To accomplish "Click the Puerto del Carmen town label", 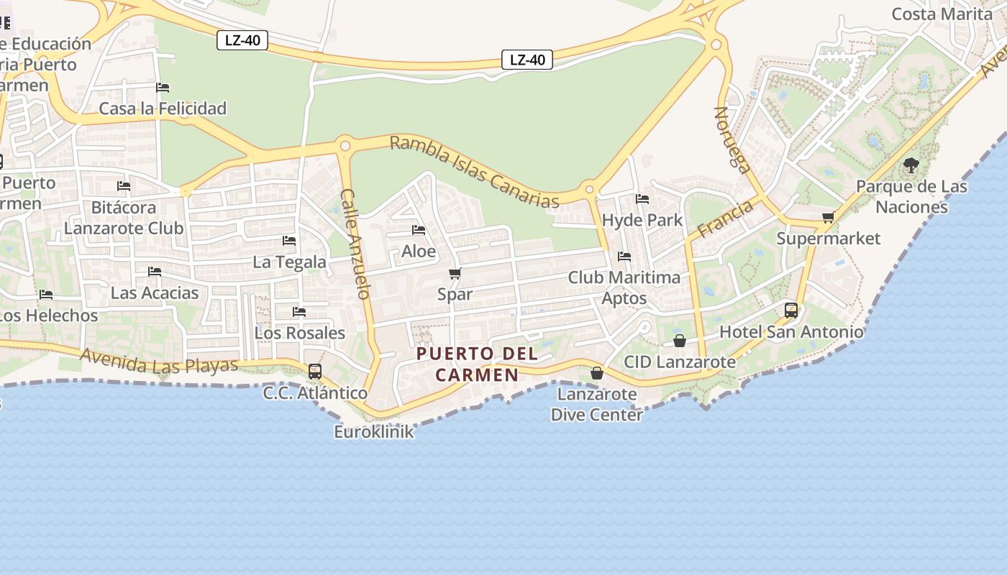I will pos(477,364).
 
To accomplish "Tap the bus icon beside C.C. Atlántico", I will pos(315,372).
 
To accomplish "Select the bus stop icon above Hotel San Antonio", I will pos(791,310).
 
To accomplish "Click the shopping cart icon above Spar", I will pos(455,273).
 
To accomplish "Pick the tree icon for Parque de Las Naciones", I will pos(911,165).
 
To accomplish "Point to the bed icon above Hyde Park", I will pos(642,199).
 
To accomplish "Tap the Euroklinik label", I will pos(374,431).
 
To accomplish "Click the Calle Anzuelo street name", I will pos(355,244).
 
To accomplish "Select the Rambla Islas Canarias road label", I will pos(474,172).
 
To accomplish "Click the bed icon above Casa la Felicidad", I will pos(163,88).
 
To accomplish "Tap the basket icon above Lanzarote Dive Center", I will pos(597,373).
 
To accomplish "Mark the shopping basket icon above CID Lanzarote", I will pos(680,340).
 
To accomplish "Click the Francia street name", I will pos(725,219).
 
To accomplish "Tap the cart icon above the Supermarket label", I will pos(828,217).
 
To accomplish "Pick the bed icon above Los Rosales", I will pos(299,312).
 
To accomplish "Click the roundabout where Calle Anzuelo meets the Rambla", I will pos(345,146).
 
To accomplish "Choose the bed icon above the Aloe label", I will pos(419,230).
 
